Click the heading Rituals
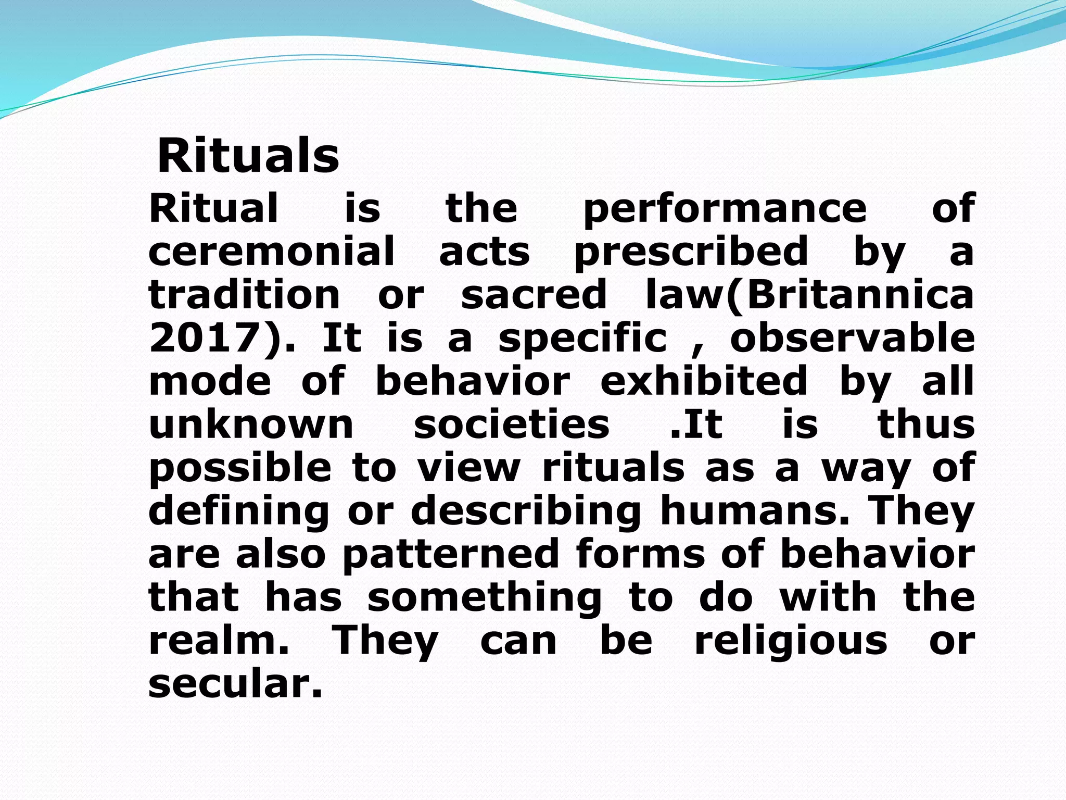248,156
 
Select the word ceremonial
272,251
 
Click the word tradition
244,295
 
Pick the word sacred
534,295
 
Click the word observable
852,338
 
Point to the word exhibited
704,381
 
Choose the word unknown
251,424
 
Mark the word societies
511,424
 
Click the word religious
791,642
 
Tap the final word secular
235,684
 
